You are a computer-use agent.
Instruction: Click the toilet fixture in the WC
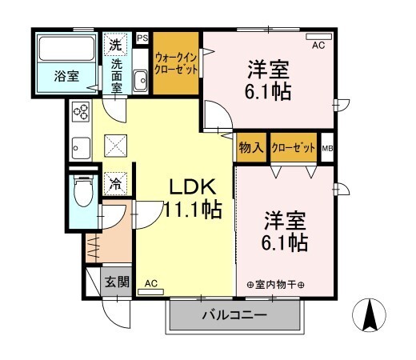(83, 190)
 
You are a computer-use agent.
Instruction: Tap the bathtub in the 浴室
(66, 49)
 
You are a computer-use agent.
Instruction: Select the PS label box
(142, 38)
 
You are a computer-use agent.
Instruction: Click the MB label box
(327, 148)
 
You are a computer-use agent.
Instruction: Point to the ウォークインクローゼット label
(176, 63)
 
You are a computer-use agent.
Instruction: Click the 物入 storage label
(251, 147)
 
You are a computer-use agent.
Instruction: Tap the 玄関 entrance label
(117, 282)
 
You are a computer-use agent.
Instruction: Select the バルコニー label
(234, 315)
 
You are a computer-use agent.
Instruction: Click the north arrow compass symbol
(369, 315)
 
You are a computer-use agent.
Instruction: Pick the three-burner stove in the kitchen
(81, 111)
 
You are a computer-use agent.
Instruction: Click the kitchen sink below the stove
(81, 148)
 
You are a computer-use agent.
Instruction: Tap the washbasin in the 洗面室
(140, 80)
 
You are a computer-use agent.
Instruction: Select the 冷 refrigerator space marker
(115, 184)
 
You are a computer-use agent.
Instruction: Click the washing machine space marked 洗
(116, 45)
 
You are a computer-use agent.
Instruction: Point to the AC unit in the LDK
(150, 292)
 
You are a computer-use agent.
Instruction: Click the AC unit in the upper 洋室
(319, 37)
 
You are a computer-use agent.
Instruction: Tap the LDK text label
(193, 187)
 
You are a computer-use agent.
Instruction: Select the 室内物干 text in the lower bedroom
(276, 285)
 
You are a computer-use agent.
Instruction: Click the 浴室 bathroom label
(66, 76)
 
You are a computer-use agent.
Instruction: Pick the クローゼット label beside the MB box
(294, 148)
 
